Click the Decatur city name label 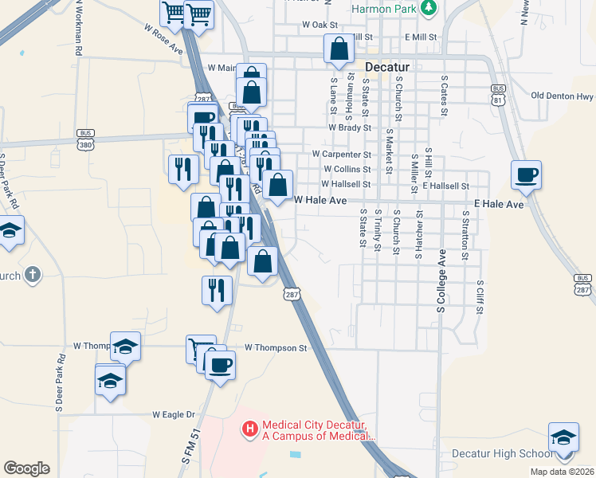point(387,67)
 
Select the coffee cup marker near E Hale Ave point(527,175)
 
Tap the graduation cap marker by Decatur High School point(563,439)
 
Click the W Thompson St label point(276,347)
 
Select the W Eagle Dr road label point(174,414)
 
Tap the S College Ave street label point(441,285)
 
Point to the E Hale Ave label point(499,205)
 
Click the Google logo point(26,468)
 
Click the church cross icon point(32,276)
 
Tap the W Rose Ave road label point(164,37)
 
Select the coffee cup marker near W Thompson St point(220,366)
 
